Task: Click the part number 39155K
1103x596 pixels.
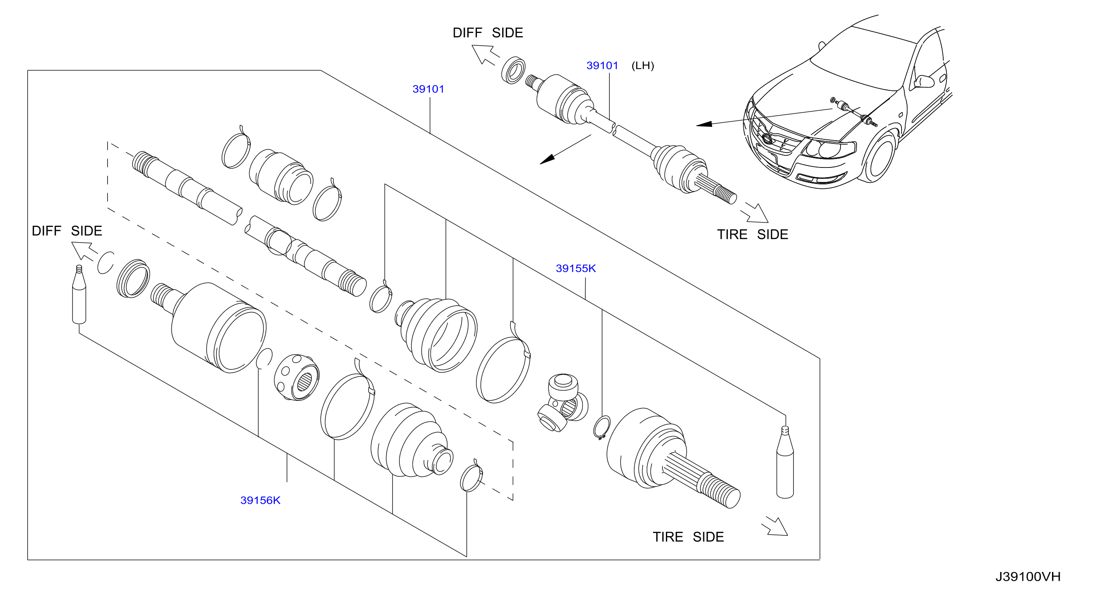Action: (x=576, y=269)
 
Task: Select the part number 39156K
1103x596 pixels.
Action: (x=260, y=500)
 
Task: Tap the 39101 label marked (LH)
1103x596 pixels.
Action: (x=602, y=65)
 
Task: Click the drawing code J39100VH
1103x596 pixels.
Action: (x=1028, y=577)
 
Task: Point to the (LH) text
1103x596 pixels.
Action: (x=643, y=65)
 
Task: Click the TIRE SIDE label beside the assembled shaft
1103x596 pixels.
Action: (x=752, y=235)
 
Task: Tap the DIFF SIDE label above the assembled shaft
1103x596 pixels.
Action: (x=488, y=33)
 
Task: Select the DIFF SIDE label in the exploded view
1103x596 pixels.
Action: (x=67, y=231)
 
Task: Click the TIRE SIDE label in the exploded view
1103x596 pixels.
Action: (x=688, y=537)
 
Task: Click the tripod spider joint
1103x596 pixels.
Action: (x=562, y=403)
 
